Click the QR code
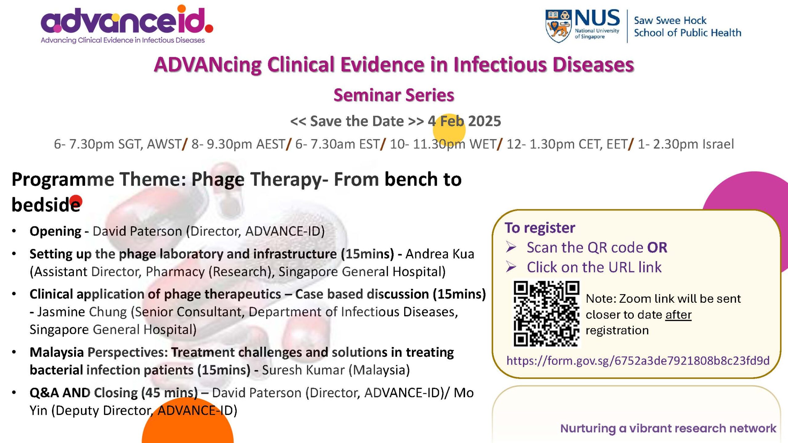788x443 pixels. pyautogui.click(x=546, y=313)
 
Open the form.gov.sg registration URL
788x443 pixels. pyautogui.click(x=638, y=361)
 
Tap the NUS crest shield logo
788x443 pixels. pyautogui.click(x=558, y=26)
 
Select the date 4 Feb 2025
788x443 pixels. pyautogui.click(x=464, y=121)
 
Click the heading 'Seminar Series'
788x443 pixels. pyautogui.click(x=394, y=95)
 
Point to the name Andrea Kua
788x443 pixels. pyautogui.click(x=440, y=254)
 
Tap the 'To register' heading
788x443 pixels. pyautogui.click(x=540, y=228)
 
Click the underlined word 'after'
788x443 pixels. pyautogui.click(x=678, y=315)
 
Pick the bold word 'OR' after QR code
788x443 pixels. pyautogui.click(x=657, y=248)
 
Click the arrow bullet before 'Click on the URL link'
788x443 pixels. pyautogui.click(x=511, y=267)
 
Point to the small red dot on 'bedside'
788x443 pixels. pyautogui.click(x=76, y=201)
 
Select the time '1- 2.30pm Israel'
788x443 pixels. pyautogui.click(x=686, y=144)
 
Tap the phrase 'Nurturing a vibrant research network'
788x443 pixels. pyautogui.click(x=668, y=428)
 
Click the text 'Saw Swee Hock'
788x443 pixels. pyautogui.click(x=670, y=20)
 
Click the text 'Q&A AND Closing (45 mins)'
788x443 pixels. pyautogui.click(x=114, y=393)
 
